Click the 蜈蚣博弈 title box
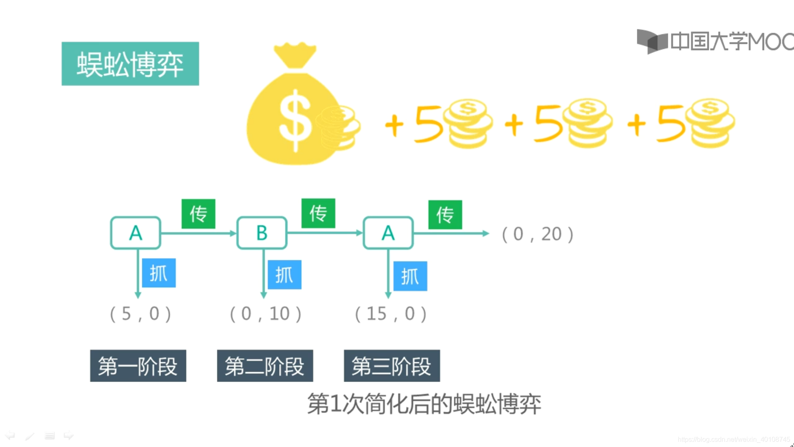(130, 64)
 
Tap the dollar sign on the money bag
(295, 120)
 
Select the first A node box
(136, 233)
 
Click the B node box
(262, 233)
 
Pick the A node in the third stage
(388, 233)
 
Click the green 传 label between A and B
(198, 214)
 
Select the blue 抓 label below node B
(285, 275)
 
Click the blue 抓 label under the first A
(159, 273)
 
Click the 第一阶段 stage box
(138, 366)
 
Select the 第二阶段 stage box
(265, 366)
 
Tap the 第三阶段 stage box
(392, 366)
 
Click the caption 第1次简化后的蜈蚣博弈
(424, 404)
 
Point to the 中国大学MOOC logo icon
(652, 41)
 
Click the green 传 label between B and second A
(318, 213)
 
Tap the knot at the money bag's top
(295, 62)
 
